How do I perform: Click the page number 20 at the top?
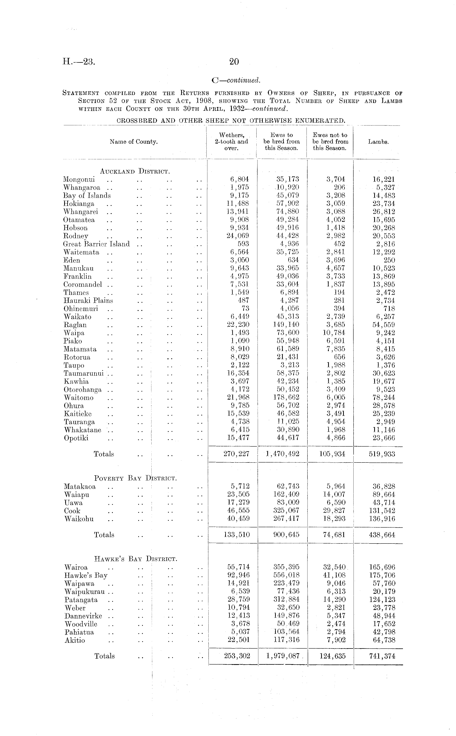[234, 62]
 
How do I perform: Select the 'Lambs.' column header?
[378, 142]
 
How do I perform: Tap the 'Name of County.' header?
[134, 142]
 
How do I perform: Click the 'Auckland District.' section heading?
[135, 172]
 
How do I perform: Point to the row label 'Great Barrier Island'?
[96, 244]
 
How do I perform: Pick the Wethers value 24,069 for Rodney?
[238, 236]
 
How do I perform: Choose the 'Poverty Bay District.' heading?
[135, 478]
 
